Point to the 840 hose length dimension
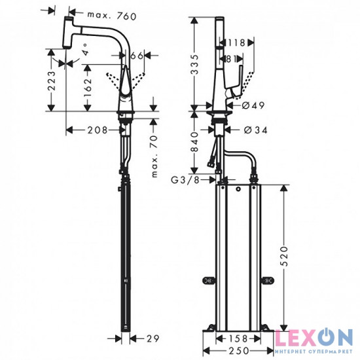tap(194, 141)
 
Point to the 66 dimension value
tap(136, 56)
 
